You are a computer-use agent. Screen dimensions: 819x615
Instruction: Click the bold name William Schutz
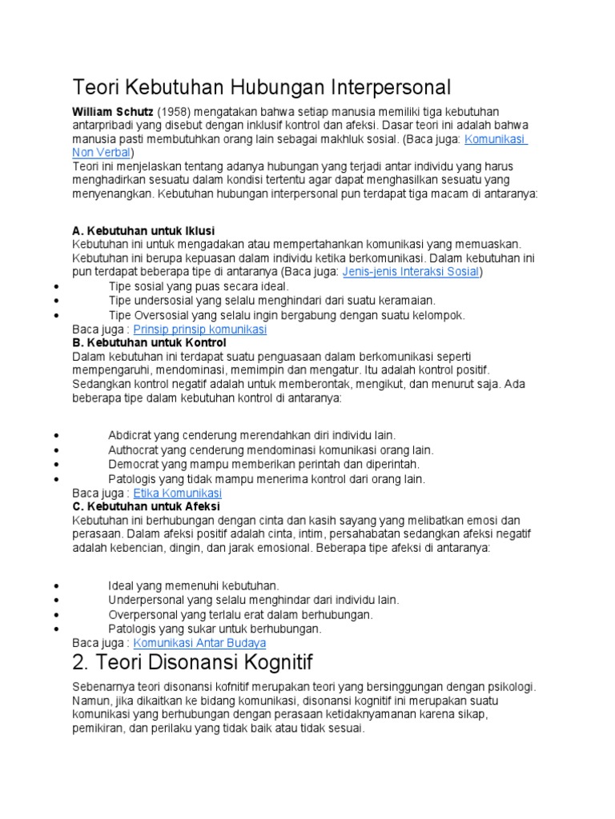[x=112, y=110]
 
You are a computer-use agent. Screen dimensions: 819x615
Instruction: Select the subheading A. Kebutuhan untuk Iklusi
[x=143, y=230]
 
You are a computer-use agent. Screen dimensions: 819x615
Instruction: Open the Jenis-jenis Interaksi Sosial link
[x=411, y=272]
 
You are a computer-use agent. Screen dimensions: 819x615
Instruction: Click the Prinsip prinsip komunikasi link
[x=199, y=330]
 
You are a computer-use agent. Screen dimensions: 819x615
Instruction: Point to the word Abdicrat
[x=133, y=435]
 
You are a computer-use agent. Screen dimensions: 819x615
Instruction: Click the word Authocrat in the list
[x=135, y=450]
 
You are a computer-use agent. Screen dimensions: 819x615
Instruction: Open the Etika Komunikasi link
[x=177, y=493]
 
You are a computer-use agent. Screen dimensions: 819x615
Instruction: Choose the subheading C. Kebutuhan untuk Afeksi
[x=146, y=506]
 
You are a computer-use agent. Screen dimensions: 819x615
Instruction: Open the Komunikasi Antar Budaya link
[x=199, y=643]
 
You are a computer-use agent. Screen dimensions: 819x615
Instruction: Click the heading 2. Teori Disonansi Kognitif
[x=192, y=662]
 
